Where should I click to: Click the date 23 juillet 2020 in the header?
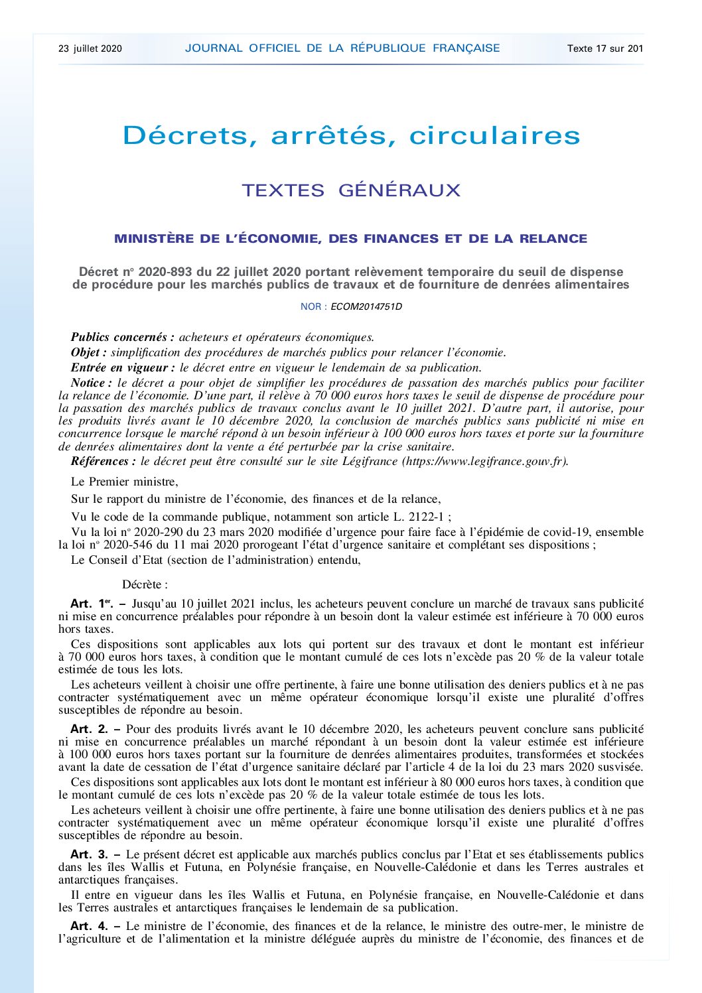90,48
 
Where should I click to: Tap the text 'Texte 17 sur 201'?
605,48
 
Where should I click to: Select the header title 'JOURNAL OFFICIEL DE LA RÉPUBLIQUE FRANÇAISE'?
342,48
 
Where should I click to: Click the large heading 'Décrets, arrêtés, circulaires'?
351,135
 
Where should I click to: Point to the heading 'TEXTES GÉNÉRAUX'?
351,190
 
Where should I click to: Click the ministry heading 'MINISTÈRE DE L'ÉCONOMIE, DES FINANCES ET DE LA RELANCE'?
351,239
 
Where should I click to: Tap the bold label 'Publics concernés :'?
123,337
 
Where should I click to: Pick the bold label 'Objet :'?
89,352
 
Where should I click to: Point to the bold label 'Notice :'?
92,383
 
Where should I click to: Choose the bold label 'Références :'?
104,461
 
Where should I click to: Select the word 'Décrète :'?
145,584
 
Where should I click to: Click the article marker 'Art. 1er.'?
92,604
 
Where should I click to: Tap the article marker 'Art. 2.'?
89,729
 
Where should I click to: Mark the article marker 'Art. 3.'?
89,854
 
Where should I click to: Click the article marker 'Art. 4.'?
89,926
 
